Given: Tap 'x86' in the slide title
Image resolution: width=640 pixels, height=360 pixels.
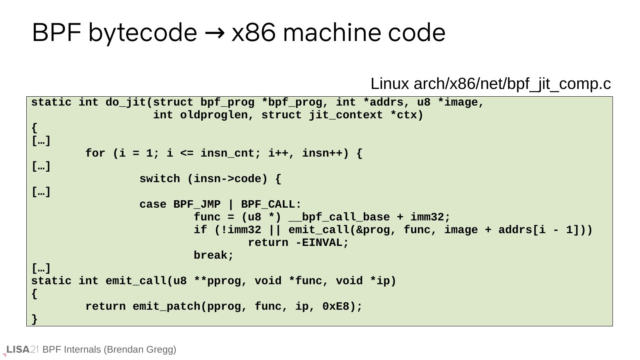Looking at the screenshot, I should tap(253, 32).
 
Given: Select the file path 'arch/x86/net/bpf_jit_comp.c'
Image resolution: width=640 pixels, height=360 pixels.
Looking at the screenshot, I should tap(512, 84).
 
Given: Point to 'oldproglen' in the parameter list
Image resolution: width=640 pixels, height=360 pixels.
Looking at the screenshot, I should tap(214, 115).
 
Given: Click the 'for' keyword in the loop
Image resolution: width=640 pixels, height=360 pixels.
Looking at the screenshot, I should tap(95, 154).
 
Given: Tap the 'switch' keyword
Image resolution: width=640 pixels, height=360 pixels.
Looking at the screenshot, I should tap(159, 179).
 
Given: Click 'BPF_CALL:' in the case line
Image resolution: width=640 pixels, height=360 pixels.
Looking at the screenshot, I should tap(271, 205).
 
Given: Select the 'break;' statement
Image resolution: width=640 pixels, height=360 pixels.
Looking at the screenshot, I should tap(214, 256).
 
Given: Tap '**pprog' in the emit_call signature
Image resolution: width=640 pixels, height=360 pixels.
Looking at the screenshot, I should tap(217, 281).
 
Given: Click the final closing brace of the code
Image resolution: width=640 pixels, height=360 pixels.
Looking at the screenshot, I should tap(34, 319).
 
